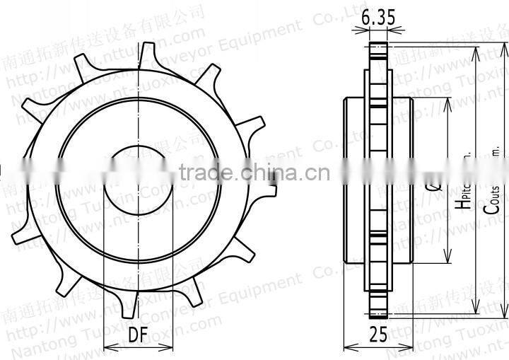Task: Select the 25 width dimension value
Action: coord(378,335)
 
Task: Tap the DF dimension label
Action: coord(139,335)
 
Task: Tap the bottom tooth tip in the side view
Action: coord(378,311)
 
